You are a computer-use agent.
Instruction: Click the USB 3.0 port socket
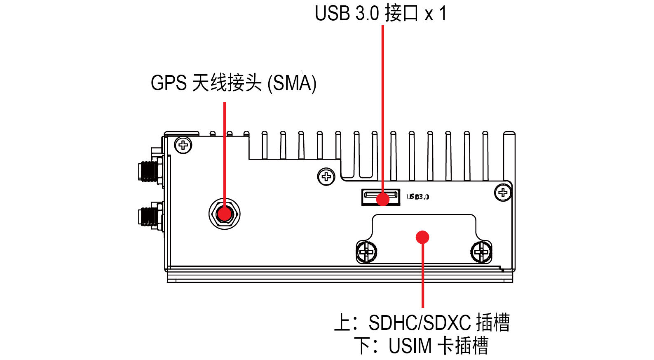click(380, 197)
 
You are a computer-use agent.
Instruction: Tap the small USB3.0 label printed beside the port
click(418, 197)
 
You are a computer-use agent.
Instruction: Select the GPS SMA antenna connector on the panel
click(224, 214)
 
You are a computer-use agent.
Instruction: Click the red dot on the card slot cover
click(422, 237)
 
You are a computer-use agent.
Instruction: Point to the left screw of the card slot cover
click(366, 252)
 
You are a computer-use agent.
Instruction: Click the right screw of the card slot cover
click(481, 252)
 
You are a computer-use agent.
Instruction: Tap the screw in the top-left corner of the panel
click(183, 145)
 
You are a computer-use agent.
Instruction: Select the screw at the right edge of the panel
click(503, 192)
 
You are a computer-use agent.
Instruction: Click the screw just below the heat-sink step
click(326, 177)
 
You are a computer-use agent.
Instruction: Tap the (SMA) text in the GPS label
click(292, 83)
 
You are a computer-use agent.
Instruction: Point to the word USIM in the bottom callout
click(410, 346)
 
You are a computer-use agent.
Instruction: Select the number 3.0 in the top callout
click(367, 13)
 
